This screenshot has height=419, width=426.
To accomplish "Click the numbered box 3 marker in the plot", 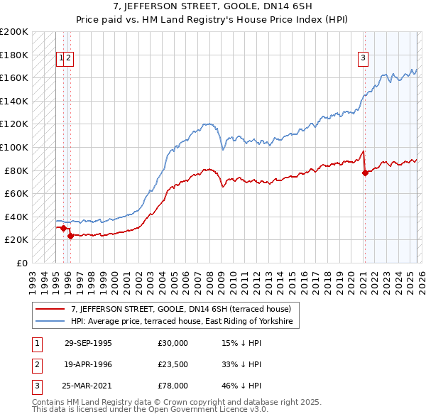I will pos(363,59).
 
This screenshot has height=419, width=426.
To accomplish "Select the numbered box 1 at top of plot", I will pos(62,59).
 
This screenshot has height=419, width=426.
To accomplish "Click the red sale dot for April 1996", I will pos(70,236).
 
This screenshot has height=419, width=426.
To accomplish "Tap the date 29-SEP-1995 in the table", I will pos(88,342).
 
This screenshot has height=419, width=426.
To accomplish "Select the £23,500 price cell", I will pos(173,364).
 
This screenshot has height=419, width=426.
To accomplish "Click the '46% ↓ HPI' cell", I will pos(241,386).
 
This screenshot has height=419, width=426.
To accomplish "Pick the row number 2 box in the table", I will pos(36,364).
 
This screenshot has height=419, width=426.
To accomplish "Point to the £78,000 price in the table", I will pos(173,386).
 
